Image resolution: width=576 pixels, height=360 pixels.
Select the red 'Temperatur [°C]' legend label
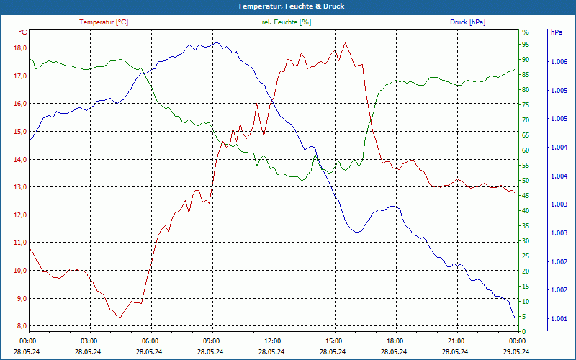pos(104,22)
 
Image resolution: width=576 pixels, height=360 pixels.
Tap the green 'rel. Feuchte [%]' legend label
pos(287,22)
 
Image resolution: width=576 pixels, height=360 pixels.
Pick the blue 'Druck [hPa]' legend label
pos(467,22)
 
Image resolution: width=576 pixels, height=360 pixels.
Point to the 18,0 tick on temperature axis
pos(19,48)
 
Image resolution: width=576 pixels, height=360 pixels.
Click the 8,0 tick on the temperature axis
pos(19,326)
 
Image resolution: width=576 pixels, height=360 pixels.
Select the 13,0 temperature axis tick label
pos(19,187)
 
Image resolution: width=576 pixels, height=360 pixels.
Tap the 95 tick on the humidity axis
pos(526,45)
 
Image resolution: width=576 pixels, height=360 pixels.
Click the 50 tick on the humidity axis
pos(526,181)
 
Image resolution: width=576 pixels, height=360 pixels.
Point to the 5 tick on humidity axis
pos(524,317)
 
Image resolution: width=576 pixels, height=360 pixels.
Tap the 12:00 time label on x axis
pos(273,341)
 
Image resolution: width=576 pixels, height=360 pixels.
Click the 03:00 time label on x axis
pos(89,341)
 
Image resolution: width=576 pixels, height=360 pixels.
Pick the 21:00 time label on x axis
pos(456,341)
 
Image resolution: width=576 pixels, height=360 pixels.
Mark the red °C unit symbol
pos(23,32)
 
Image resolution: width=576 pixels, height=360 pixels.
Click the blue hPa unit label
pos(557,32)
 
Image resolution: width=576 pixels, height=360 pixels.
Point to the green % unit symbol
pos(525,32)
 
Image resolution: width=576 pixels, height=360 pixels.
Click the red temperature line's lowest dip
pos(119,318)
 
